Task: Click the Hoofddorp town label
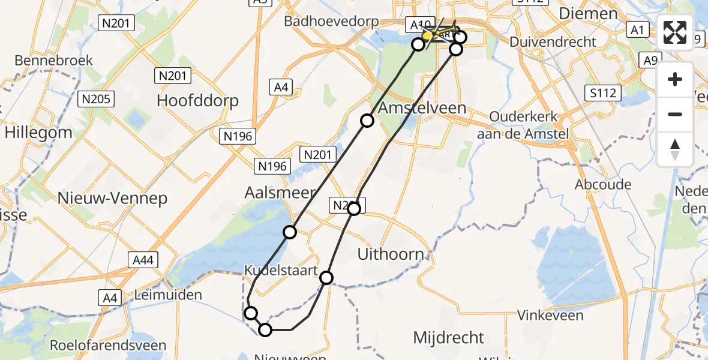(197, 100)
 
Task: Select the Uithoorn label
(391, 254)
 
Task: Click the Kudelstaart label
(280, 271)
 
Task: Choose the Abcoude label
(603, 184)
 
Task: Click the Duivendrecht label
(553, 42)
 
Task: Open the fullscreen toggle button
(675, 32)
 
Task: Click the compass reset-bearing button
(675, 149)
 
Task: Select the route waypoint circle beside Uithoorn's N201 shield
(354, 209)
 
